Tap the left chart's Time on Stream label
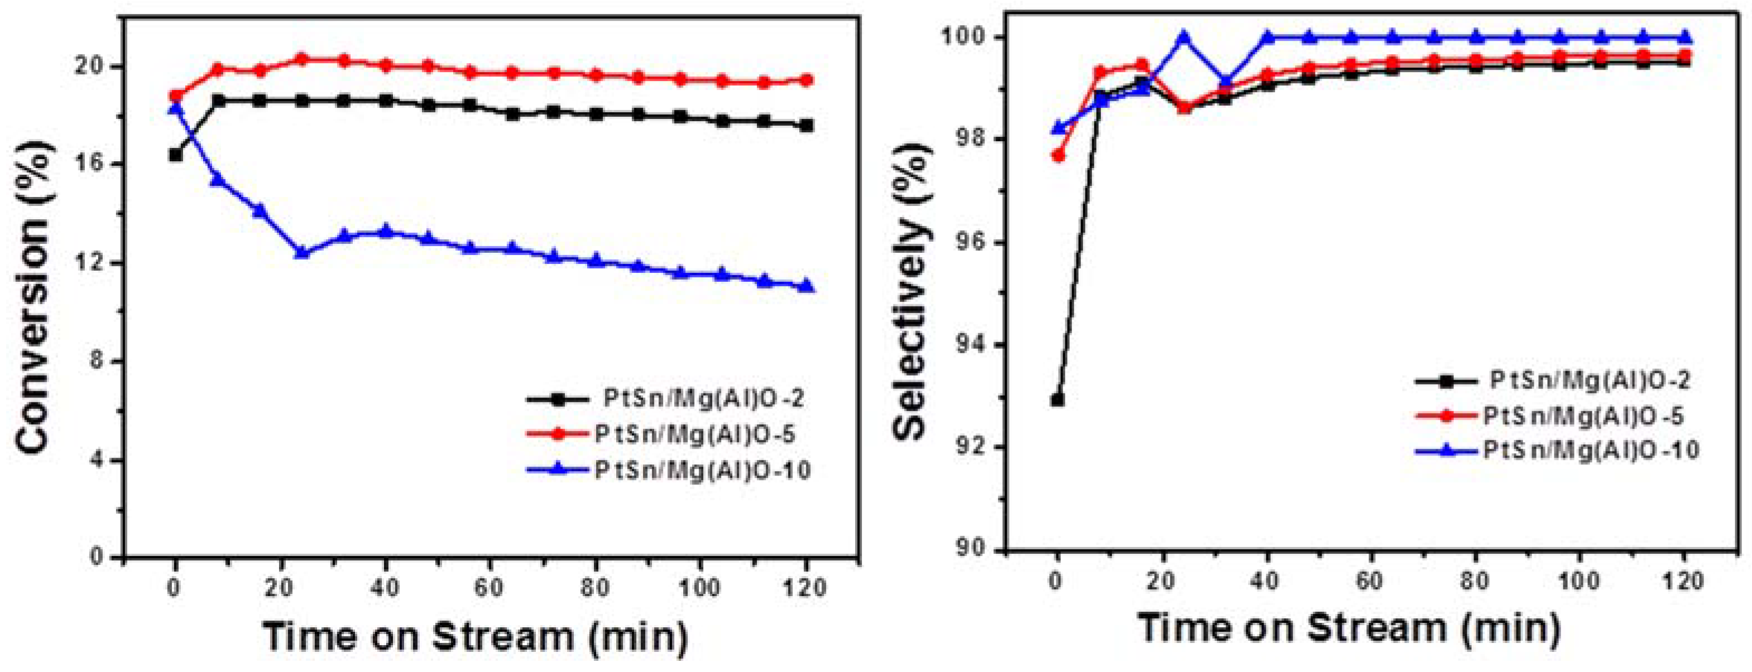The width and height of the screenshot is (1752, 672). [x=476, y=636]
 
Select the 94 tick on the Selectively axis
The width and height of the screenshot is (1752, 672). [x=976, y=345]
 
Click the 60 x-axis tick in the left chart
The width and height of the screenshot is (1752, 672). [x=491, y=586]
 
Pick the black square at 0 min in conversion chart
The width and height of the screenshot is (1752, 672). [x=175, y=155]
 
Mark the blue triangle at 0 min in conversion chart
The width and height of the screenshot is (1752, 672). [x=175, y=108]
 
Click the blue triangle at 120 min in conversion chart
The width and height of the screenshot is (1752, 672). [x=807, y=286]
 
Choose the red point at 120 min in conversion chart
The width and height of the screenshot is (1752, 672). [x=807, y=80]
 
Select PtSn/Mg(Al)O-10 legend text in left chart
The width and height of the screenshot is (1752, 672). [x=703, y=470]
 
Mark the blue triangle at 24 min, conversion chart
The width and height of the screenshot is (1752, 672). [x=302, y=252]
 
